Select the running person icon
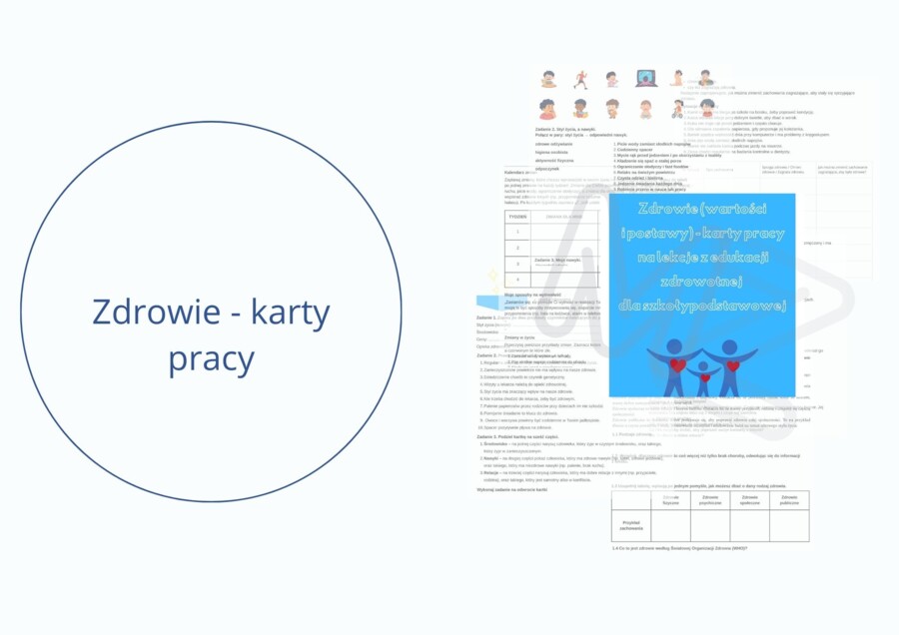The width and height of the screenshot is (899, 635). click(580, 79)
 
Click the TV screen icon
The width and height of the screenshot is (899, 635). click(644, 78)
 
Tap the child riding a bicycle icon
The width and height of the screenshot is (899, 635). click(678, 108)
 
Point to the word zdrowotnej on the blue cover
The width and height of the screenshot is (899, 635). click(702, 282)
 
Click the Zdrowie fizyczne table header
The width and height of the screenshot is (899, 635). click(670, 499)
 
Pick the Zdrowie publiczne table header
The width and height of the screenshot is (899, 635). click(788, 499)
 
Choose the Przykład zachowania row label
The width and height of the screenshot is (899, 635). click(630, 525)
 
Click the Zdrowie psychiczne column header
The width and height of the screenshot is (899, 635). click(709, 499)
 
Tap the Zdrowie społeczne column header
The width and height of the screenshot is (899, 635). click(748, 499)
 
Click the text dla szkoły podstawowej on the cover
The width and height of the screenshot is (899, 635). click(702, 305)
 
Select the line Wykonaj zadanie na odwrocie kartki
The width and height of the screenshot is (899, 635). click(511, 489)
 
